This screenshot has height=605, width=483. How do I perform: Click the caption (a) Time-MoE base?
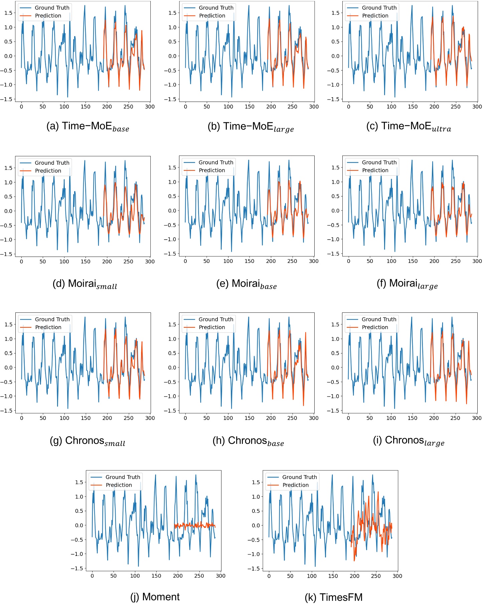pos(88,127)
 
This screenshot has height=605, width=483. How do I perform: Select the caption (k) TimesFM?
pos(333,597)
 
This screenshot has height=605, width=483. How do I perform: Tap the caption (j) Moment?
pos(155,596)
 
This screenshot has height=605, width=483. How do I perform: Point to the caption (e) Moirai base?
pos(247,284)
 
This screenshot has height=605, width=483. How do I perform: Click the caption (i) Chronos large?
pos(409,441)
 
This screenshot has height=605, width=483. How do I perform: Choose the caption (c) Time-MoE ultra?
pos(409,127)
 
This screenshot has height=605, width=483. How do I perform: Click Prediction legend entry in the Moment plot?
pos(119,485)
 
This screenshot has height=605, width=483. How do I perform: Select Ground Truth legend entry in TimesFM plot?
pos(299,477)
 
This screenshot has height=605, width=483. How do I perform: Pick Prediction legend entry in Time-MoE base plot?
pos(48,16)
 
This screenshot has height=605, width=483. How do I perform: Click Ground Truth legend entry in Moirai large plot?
pos(379,162)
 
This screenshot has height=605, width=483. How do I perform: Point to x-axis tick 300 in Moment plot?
pos(220,576)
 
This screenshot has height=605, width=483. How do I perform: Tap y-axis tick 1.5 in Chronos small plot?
pos(8,324)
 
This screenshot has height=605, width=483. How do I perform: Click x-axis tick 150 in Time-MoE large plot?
pos(250,107)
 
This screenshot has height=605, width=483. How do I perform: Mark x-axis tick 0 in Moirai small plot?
pos(21,262)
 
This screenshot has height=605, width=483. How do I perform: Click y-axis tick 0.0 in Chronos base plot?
pos(172,367)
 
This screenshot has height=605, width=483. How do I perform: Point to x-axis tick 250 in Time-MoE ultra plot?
pos(456,107)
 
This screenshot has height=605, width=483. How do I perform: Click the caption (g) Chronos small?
pos(88,441)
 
